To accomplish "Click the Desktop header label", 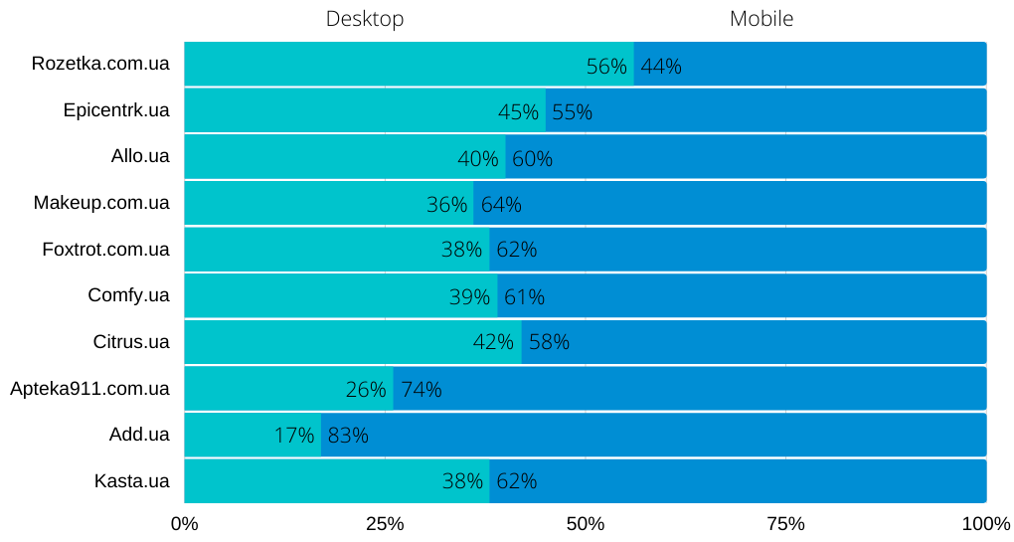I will pyautogui.click(x=365, y=19).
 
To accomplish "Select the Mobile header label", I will pyautogui.click(x=761, y=19).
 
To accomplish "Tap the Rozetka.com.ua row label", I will pyautogui.click(x=100, y=64).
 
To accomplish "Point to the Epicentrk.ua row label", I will pyautogui.click(x=116, y=110).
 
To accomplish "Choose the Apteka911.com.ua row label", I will pyautogui.click(x=89, y=388).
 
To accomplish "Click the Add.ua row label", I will pyautogui.click(x=139, y=435).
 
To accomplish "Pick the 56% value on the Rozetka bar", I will pyautogui.click(x=606, y=67).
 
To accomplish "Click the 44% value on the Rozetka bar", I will pyautogui.click(x=661, y=67).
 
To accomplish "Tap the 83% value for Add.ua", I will pyautogui.click(x=348, y=436).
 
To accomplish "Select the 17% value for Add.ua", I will pyautogui.click(x=294, y=436).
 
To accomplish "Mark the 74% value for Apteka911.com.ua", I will pyautogui.click(x=422, y=390).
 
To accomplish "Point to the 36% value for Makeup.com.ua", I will pyautogui.click(x=446, y=205).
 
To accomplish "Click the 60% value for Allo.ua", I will pyautogui.click(x=532, y=159).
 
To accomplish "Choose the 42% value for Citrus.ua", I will pyautogui.click(x=493, y=343).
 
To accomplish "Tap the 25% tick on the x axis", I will pyautogui.click(x=385, y=524).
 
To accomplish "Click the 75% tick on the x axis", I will pyautogui.click(x=785, y=524).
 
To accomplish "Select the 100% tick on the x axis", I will pyautogui.click(x=986, y=524).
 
